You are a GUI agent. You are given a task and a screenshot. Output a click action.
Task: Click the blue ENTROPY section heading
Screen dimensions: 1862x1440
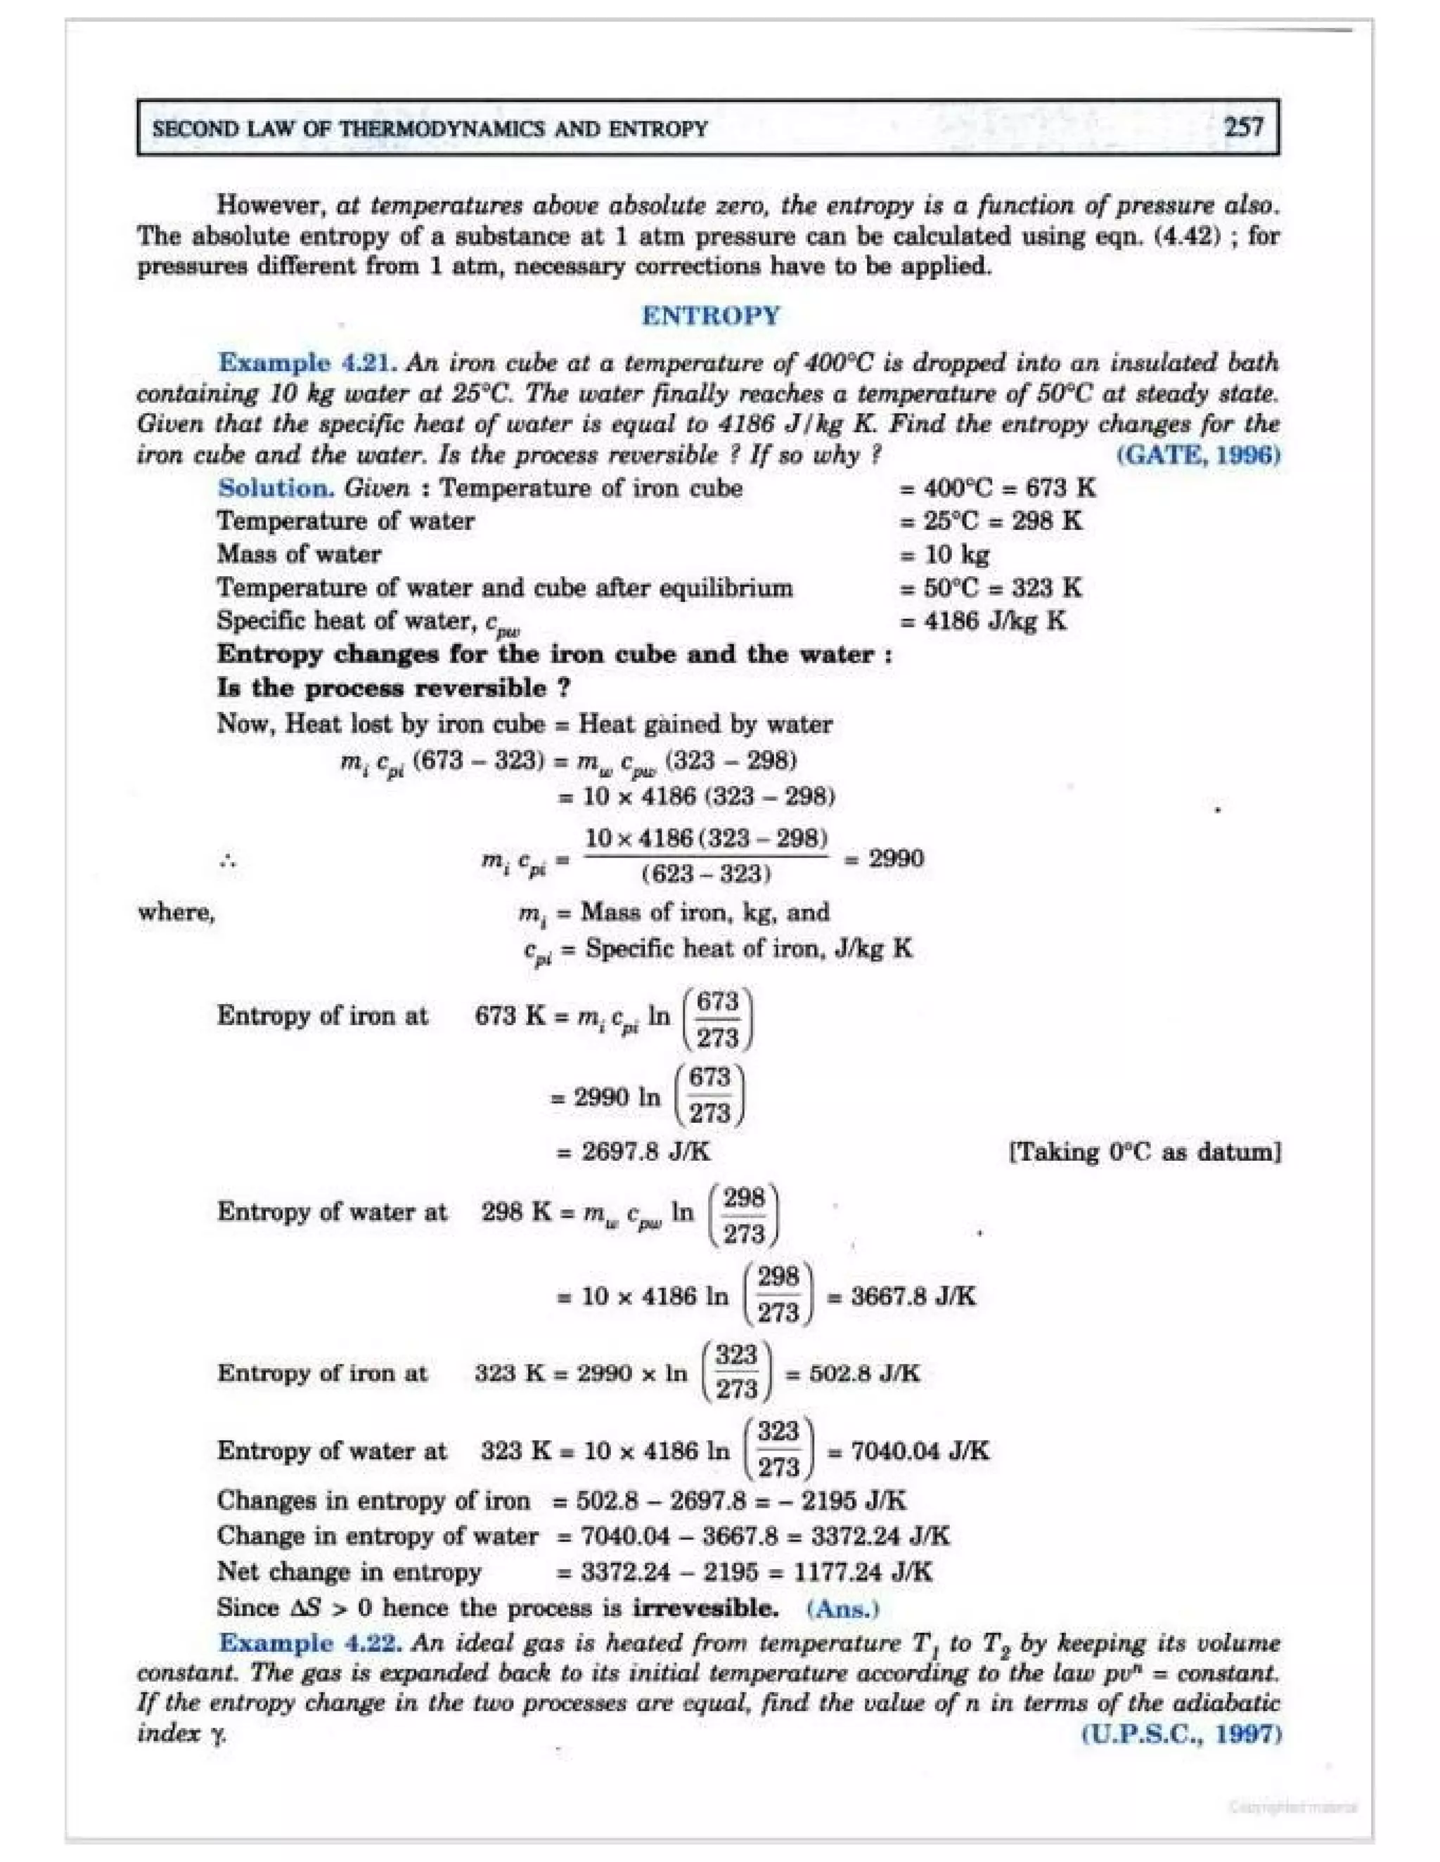click(x=711, y=315)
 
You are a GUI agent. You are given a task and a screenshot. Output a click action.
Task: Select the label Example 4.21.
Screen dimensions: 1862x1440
click(x=307, y=363)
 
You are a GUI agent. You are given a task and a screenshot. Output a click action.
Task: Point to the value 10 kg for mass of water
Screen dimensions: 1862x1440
click(x=956, y=554)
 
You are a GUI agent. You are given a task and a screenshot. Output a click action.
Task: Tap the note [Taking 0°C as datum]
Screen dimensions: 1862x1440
click(x=1145, y=1152)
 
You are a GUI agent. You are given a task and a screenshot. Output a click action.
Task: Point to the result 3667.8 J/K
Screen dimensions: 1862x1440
click(x=913, y=1297)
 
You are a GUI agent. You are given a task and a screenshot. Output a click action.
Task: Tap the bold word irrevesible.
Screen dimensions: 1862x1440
click(x=705, y=1608)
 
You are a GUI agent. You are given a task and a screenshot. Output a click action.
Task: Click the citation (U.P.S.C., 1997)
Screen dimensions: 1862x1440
click(x=1181, y=1733)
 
